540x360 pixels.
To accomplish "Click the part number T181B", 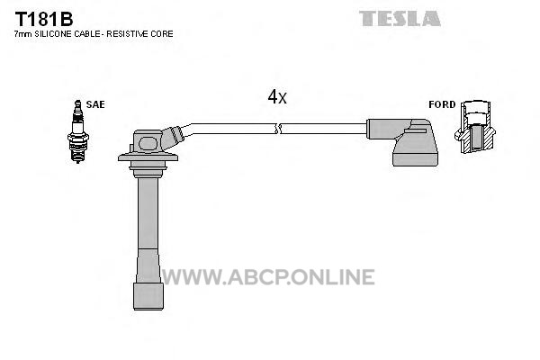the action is [x=44, y=19].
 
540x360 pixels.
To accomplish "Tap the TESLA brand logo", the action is [x=400, y=19].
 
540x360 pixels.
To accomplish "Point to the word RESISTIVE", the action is [x=129, y=34].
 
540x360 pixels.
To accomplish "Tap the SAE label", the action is [x=95, y=104].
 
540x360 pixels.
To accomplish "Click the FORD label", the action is [x=442, y=104].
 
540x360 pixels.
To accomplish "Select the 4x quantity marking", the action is [x=277, y=97].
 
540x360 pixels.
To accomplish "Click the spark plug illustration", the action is [x=78, y=131].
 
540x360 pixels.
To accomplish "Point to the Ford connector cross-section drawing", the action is [x=475, y=127].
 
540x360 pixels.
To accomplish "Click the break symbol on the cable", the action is [x=278, y=129].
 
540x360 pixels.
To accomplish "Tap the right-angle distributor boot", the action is [x=402, y=142].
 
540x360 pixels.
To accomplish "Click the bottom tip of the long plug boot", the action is [x=148, y=309].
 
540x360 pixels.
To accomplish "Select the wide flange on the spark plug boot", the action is [x=148, y=157].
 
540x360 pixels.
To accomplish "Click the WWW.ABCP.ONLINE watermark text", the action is [x=268, y=277].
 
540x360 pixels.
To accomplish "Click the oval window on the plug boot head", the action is [x=148, y=143].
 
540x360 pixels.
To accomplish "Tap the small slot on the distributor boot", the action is [x=416, y=130].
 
